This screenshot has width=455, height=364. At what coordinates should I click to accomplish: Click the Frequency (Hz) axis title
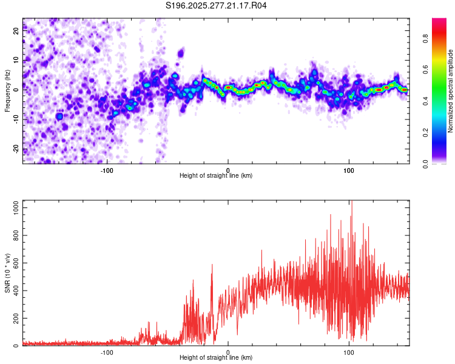point(7,91)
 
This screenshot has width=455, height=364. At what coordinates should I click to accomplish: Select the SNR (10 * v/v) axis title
point(7,273)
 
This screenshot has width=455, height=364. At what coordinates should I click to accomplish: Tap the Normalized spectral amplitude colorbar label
point(451,91)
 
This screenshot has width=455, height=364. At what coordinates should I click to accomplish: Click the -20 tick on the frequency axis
point(15,149)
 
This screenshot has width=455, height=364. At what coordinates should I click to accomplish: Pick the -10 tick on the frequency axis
point(15,120)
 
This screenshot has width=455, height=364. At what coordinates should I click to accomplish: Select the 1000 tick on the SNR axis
point(13,207)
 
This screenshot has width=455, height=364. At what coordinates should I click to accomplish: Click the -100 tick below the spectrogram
point(107,170)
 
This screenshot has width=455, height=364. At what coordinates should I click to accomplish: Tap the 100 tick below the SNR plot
point(349,352)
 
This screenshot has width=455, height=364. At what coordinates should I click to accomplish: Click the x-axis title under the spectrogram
point(216,176)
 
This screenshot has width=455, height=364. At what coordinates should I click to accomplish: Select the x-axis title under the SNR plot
point(216,358)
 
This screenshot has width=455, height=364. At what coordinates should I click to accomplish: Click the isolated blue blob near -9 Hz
point(59,116)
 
